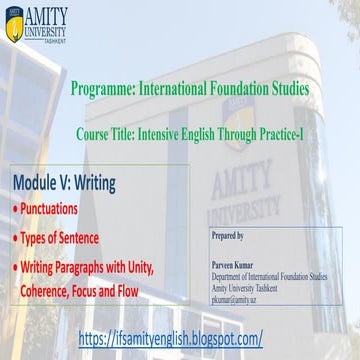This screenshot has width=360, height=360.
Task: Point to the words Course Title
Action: click(107, 131)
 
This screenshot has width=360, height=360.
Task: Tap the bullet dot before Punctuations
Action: click(15, 211)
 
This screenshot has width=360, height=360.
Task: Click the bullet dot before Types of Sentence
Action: click(15, 239)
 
